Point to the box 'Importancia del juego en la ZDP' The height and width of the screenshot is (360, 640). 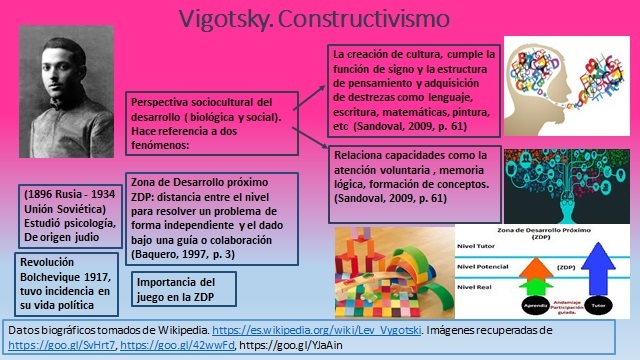pos(176,289)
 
